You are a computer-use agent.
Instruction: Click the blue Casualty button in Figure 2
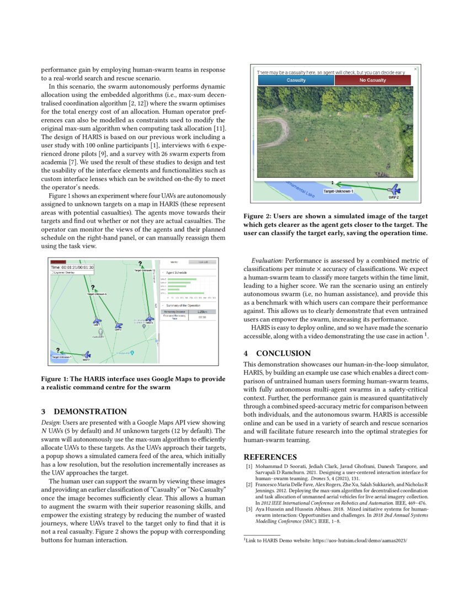pos(296,80)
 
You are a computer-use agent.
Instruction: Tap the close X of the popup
pos(415,69)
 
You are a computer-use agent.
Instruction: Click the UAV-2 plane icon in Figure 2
pos(394,190)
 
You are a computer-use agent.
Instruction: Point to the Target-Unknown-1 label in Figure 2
pos(338,191)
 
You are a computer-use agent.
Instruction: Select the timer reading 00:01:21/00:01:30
pos(72,268)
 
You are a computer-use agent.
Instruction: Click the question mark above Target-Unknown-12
pos(140,264)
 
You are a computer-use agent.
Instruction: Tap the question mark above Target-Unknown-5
pos(93,287)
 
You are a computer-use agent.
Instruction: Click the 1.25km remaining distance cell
pos(202,311)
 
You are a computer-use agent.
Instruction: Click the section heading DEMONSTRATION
pos(90,412)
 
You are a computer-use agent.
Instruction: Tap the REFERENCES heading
pos(270,457)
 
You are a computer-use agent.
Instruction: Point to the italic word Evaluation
pos(267,259)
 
